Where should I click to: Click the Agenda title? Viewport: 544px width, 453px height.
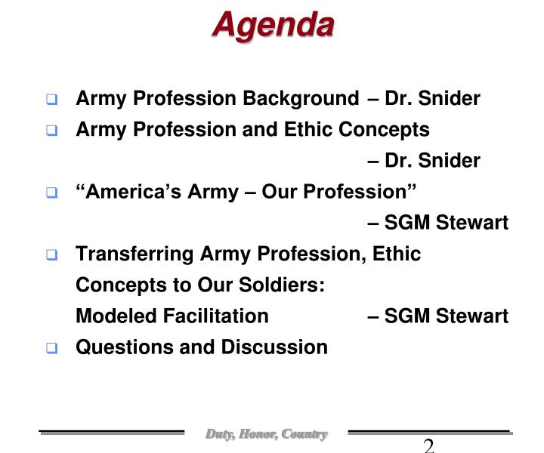(x=273, y=25)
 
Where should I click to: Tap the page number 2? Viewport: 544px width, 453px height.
(x=428, y=445)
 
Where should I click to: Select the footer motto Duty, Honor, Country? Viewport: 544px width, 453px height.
(x=266, y=434)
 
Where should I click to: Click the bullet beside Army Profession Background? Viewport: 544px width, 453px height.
(x=51, y=100)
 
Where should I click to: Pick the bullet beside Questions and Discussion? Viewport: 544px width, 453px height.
(x=51, y=348)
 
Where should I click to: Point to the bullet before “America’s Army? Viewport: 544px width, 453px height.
(x=51, y=193)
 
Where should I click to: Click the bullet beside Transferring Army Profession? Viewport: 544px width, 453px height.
(x=51, y=254)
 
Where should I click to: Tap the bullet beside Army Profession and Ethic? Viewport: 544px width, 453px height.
(x=51, y=131)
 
